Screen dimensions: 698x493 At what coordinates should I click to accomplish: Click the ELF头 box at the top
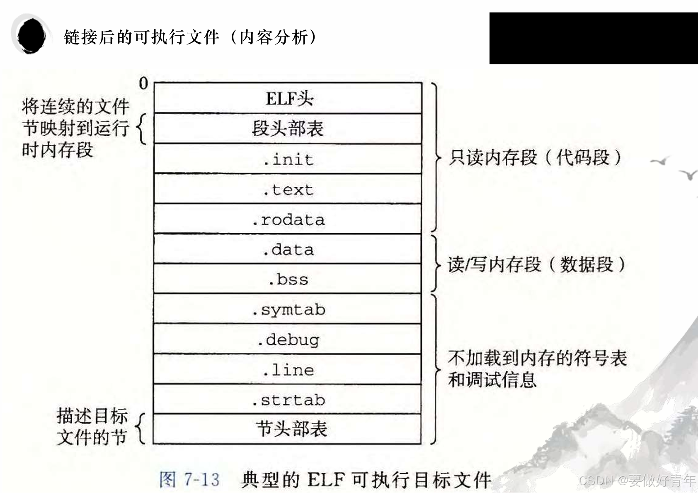point(288,98)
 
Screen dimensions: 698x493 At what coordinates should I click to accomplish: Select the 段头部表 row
point(288,129)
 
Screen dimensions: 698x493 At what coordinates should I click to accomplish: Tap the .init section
point(288,159)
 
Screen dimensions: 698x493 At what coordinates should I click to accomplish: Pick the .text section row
point(288,189)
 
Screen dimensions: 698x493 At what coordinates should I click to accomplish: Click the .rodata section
point(288,219)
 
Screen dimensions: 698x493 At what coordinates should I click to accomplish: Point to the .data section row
point(288,249)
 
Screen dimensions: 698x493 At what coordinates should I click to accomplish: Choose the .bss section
point(288,279)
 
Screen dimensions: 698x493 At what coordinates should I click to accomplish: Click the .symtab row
point(288,310)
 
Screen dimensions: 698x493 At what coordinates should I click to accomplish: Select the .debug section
point(288,339)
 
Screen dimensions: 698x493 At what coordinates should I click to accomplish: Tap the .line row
point(288,370)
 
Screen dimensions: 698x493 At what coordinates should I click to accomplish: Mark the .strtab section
point(288,400)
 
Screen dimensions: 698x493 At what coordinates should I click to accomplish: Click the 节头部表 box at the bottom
point(288,429)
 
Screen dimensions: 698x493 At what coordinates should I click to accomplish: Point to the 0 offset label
point(143,83)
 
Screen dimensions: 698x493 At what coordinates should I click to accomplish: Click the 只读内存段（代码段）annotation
point(535,158)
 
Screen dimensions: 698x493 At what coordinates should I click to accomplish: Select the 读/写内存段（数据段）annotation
point(536,264)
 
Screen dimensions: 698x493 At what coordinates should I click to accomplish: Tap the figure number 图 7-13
point(189,479)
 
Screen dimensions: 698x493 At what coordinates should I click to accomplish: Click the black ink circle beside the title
point(31,36)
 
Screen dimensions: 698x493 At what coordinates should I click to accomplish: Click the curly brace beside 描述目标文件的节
point(141,428)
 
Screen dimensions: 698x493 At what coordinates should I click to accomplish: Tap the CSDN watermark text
point(637,481)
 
